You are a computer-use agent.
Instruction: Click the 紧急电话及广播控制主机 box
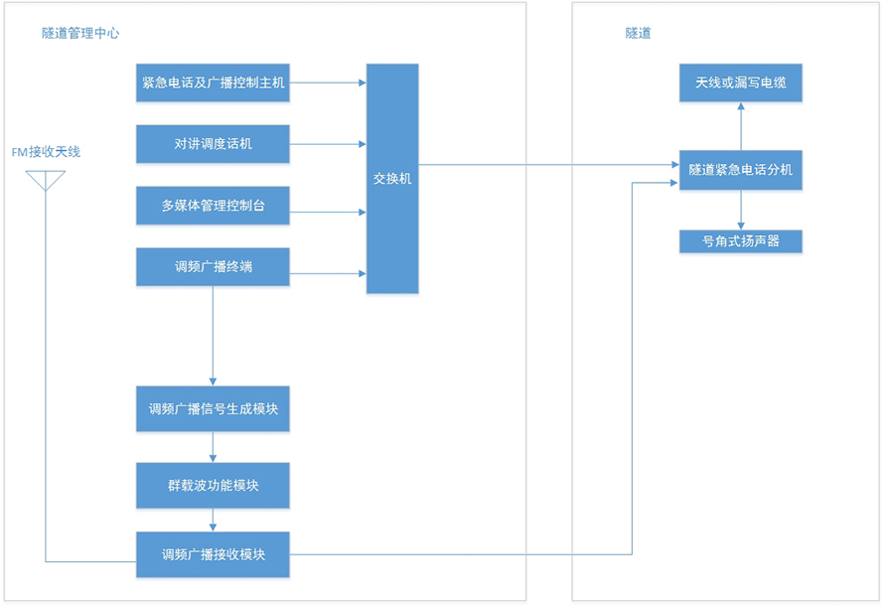click(213, 83)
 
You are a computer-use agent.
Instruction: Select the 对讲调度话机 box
click(213, 144)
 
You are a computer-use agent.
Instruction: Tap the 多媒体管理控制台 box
click(213, 206)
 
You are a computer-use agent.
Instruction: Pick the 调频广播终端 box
click(213, 266)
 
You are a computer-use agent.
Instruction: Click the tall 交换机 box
click(392, 179)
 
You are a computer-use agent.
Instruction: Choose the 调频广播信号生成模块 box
click(213, 409)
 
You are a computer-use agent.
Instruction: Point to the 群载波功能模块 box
click(213, 486)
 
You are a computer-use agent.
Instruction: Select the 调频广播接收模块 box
click(213, 554)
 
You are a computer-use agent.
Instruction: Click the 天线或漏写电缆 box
click(740, 83)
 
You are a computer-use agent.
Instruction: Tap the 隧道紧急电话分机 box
click(740, 170)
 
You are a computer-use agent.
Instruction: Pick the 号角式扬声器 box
click(740, 240)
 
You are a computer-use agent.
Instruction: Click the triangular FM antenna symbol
click(46, 180)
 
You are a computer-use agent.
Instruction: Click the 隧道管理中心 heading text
click(80, 33)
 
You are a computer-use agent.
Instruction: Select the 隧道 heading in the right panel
click(639, 33)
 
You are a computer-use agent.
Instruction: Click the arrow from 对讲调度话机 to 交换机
click(328, 144)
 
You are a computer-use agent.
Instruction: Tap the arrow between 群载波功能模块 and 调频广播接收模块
click(213, 521)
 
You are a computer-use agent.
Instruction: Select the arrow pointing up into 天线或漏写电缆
click(740, 126)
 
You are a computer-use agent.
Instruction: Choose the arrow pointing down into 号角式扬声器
click(740, 211)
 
